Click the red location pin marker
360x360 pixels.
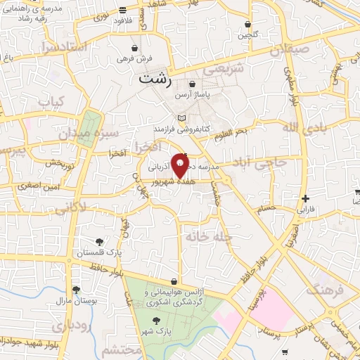tap(181, 166)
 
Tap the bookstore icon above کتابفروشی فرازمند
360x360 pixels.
tap(182, 117)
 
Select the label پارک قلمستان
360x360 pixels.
tap(110, 252)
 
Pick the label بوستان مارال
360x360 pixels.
tap(75, 301)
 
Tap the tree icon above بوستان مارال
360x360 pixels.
tap(76, 290)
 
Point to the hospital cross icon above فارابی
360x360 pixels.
tap(305, 199)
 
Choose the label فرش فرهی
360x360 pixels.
tap(129, 59)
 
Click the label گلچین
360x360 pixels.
tap(247, 34)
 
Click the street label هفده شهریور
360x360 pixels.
tap(173, 181)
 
